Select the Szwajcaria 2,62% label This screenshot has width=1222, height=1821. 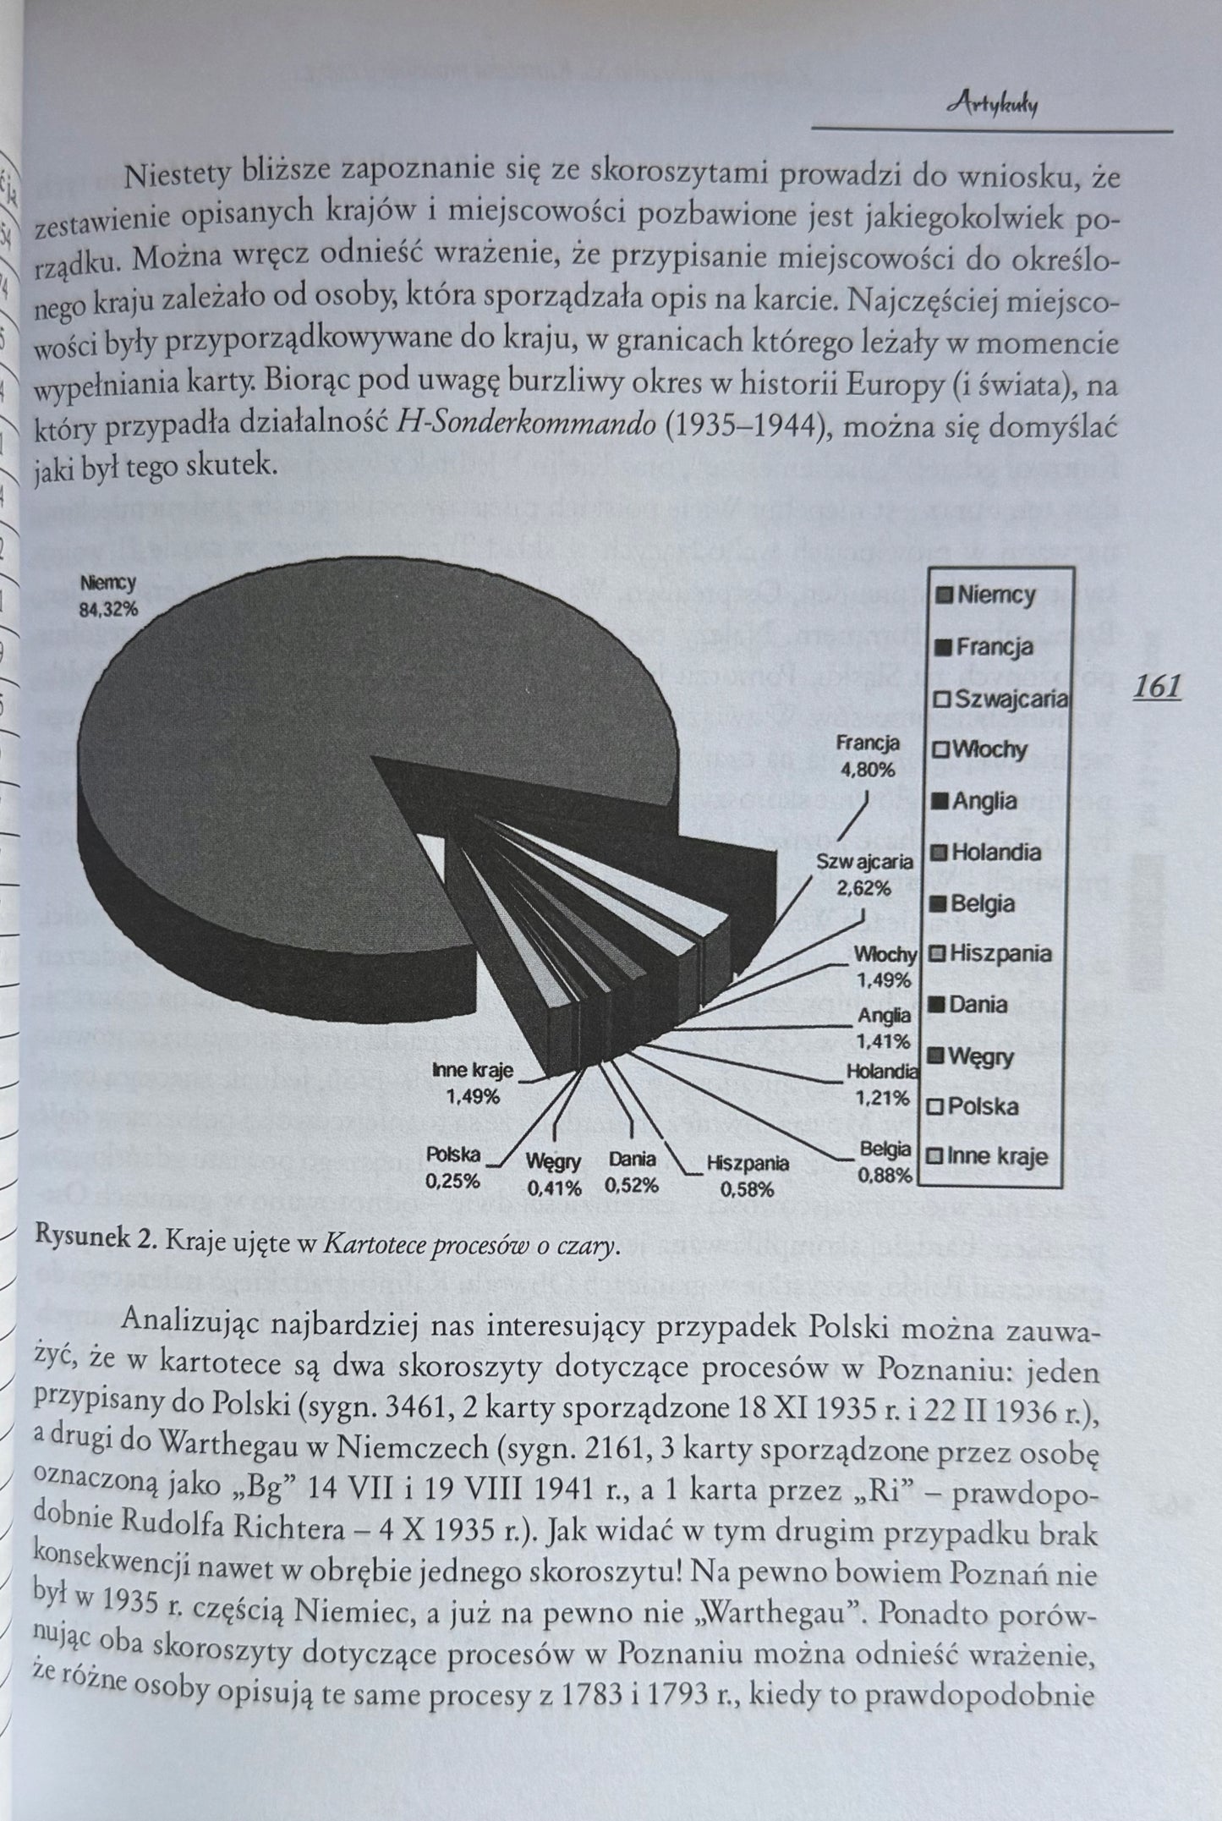[x=863, y=875]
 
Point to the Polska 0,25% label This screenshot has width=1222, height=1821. [x=453, y=1167]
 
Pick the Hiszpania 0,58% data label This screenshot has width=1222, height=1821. [x=748, y=1176]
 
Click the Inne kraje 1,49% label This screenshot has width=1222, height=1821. [x=473, y=1083]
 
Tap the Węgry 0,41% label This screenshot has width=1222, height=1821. [x=554, y=1174]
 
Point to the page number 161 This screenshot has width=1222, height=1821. [x=1156, y=686]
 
